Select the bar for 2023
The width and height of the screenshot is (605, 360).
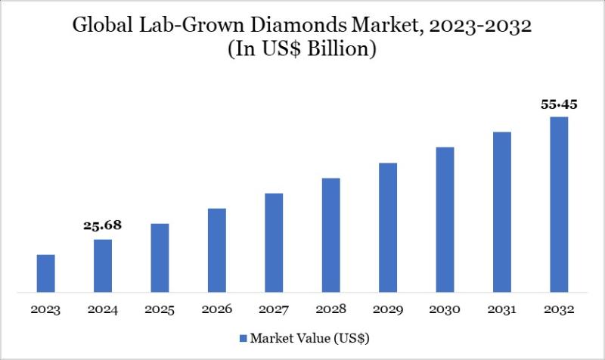[45, 273]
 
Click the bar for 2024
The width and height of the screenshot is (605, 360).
[103, 265]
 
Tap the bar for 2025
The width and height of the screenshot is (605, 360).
[160, 258]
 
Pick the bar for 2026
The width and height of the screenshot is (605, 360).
[217, 250]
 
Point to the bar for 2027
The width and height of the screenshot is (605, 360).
[274, 242]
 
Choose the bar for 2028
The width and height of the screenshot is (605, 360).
[330, 234]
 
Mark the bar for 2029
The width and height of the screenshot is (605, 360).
[388, 227]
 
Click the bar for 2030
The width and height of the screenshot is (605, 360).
[445, 219]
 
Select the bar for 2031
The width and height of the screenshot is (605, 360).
[502, 212]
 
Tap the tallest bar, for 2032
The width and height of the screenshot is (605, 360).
[559, 204]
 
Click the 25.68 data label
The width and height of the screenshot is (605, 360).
[103, 225]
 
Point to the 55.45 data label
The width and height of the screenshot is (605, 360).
[559, 104]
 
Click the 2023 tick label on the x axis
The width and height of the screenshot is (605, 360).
[45, 309]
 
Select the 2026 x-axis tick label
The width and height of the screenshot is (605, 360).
[217, 309]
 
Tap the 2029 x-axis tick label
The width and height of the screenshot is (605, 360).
[388, 309]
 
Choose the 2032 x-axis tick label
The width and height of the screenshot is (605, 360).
[559, 309]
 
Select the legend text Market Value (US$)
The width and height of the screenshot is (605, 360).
[309, 337]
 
